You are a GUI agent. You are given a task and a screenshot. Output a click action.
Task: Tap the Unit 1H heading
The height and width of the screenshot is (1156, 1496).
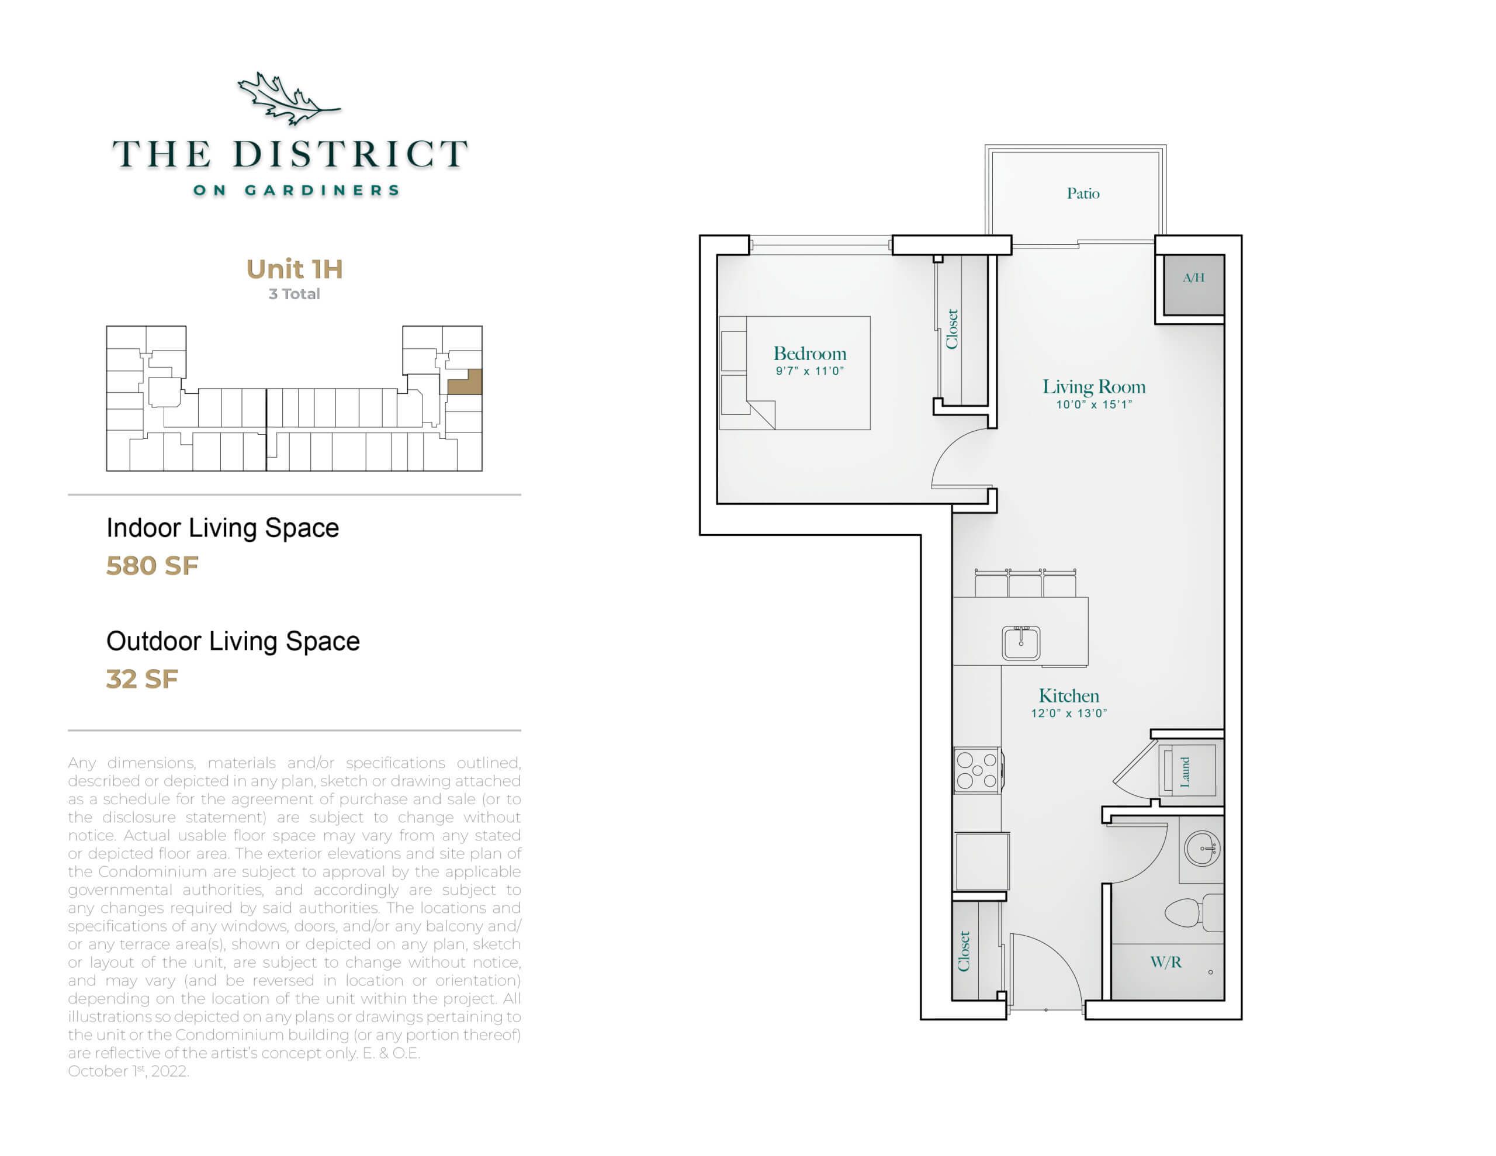pos(295,269)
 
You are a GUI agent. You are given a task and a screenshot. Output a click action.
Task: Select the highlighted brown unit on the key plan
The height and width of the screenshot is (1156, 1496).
pos(466,382)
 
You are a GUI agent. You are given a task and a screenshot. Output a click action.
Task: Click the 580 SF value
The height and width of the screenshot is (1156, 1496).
pos(152,566)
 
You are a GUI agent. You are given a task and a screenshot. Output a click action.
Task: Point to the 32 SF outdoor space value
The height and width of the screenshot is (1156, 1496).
pos(142,679)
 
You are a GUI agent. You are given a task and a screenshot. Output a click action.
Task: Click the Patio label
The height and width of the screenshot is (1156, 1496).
pos(1083,194)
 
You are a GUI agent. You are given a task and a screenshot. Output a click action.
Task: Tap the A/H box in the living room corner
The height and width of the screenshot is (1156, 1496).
pos(1193,285)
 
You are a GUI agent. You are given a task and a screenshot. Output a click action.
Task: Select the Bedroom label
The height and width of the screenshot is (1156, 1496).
pos(809,354)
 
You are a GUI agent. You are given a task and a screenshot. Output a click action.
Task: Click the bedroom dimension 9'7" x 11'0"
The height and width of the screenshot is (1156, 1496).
pos(809,371)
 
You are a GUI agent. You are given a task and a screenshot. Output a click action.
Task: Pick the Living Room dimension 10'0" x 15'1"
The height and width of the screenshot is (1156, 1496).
pos(1094,405)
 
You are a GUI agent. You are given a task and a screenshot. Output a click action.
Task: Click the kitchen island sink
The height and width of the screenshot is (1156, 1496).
pos(1021,643)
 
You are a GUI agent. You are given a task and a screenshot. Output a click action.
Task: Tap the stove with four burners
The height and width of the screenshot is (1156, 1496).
pos(978,770)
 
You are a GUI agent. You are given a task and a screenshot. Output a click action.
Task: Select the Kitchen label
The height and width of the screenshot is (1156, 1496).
pos(1069,696)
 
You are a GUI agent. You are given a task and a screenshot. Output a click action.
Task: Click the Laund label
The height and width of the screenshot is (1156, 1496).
pos(1185,771)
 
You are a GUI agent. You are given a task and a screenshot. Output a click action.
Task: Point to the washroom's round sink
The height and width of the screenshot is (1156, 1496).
pos(1201,849)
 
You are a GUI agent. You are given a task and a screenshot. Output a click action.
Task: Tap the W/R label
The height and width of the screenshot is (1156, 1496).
pos(1166,962)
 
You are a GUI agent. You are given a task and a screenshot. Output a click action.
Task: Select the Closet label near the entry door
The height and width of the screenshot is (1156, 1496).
pos(964,951)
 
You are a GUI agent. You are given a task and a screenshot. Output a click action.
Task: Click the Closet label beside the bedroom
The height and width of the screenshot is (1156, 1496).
pos(951,329)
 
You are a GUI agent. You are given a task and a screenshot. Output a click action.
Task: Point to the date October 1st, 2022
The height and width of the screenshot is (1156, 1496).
pos(128,1071)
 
